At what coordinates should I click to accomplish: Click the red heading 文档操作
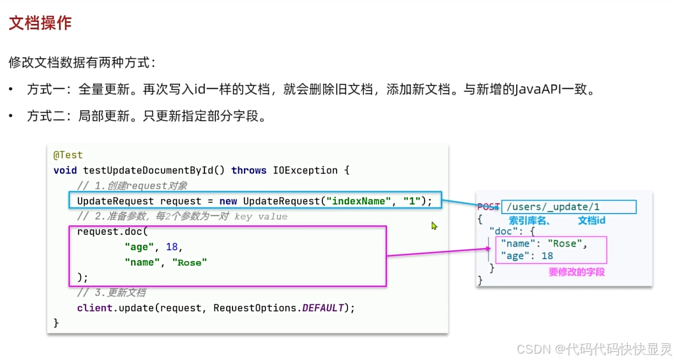pyautogui.click(x=40, y=24)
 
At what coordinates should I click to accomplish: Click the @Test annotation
pyautogui.click(x=68, y=155)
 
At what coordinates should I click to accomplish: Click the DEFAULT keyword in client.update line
pyautogui.click(x=323, y=308)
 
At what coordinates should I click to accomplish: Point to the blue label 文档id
pyautogui.click(x=591, y=220)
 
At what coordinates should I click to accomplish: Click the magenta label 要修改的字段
pyautogui.click(x=577, y=272)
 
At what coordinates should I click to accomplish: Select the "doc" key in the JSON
pyautogui.click(x=503, y=231)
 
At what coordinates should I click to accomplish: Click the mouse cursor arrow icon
pyautogui.click(x=434, y=225)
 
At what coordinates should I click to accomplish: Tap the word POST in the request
pyautogui.click(x=489, y=207)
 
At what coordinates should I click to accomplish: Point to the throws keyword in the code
pyautogui.click(x=249, y=170)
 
